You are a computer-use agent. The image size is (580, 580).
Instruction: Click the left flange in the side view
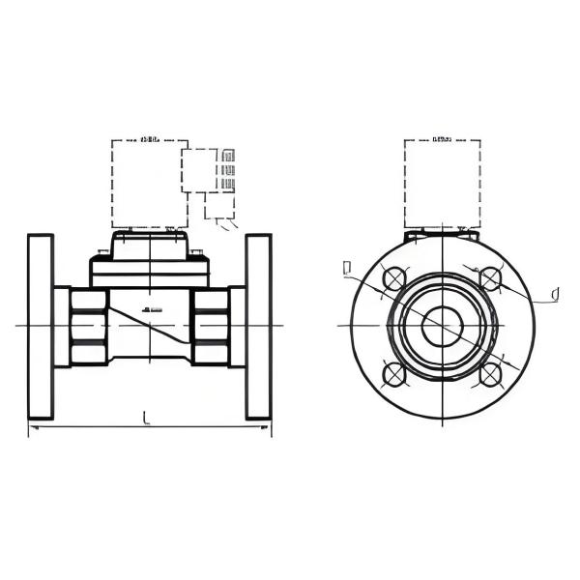coord(41,327)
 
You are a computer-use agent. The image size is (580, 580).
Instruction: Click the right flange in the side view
coord(259,327)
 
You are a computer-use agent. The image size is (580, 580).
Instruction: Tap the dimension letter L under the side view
coord(146,418)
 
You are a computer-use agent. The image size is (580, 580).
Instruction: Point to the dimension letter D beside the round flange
coord(347,268)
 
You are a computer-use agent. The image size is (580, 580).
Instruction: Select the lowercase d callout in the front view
coord(554,294)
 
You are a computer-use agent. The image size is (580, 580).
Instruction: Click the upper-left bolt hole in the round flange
coord(393,278)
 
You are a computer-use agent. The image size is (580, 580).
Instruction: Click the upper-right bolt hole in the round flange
coord(490,278)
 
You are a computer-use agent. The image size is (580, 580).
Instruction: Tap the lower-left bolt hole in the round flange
coord(393,373)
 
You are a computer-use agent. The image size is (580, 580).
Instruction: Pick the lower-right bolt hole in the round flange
coord(490,373)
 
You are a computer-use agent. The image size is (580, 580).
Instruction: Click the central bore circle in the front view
coord(442,326)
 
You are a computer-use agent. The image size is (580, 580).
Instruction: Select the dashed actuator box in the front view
coord(442,184)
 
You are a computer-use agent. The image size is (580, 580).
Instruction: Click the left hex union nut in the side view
coord(88,327)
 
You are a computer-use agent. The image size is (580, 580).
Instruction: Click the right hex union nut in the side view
coord(210,327)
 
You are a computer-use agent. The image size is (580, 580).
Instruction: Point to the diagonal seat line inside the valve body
coord(150,327)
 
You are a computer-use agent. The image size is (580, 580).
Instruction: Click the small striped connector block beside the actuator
coord(228,169)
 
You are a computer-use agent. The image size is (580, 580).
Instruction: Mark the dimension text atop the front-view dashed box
coord(442,139)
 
